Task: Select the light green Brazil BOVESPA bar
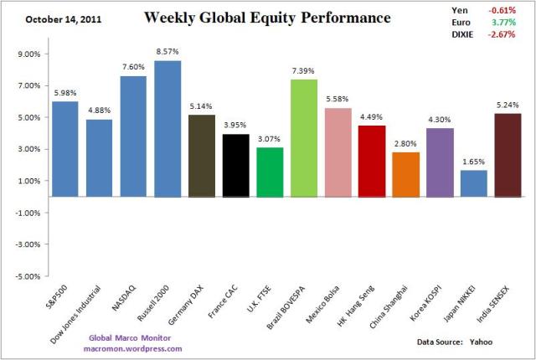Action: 303,138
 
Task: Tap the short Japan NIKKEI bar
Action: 472,183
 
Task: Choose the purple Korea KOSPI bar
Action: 439,162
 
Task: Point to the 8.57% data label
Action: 167,52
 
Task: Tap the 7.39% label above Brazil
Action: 303,71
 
